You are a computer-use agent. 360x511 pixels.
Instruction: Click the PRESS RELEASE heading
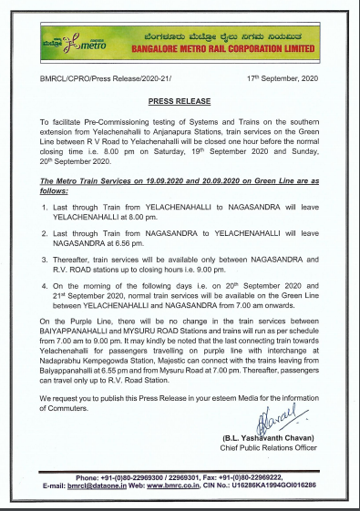pos(180,103)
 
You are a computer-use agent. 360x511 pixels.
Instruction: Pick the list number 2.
pos(45,235)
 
